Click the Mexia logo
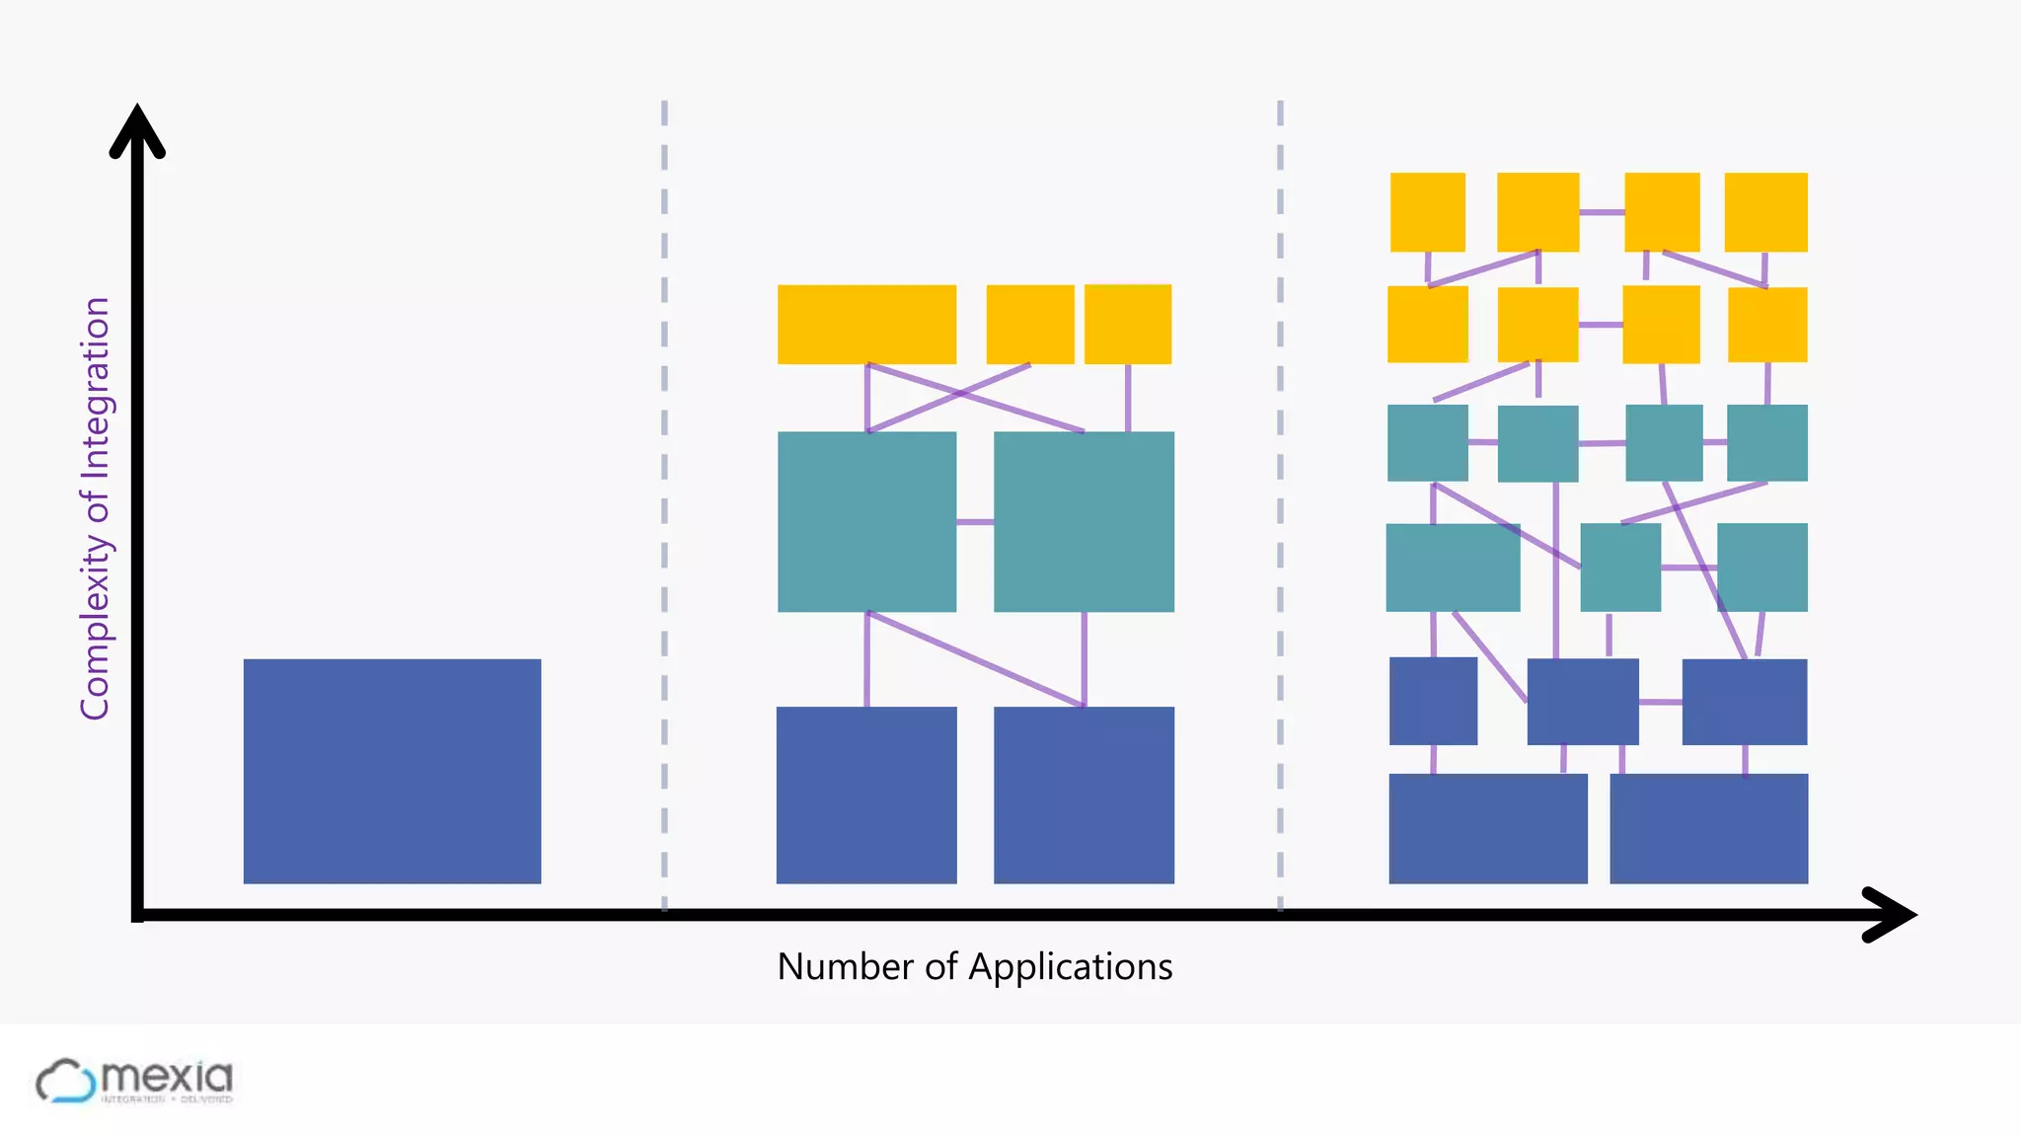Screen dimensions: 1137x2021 (x=134, y=1081)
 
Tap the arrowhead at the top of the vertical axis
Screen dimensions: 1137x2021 (x=137, y=129)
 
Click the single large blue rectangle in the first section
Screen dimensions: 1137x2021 (x=392, y=771)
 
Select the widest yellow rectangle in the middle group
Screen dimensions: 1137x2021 (x=866, y=325)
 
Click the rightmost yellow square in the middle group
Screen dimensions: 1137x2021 (x=1128, y=325)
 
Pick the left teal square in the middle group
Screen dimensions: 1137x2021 (x=866, y=521)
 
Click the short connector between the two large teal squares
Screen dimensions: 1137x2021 (x=975, y=521)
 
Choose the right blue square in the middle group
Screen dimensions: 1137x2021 (x=1084, y=795)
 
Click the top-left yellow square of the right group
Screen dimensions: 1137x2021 (x=1427, y=212)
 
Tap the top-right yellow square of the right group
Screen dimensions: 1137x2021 (x=1765, y=212)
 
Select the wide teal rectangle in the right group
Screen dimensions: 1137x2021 (x=1453, y=568)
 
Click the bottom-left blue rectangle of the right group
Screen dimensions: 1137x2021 (x=1488, y=828)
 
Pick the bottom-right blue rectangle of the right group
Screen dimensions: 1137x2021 (x=1708, y=828)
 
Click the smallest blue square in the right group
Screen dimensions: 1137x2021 (x=1433, y=701)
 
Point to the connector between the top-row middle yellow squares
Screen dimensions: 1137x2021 (x=1602, y=212)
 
